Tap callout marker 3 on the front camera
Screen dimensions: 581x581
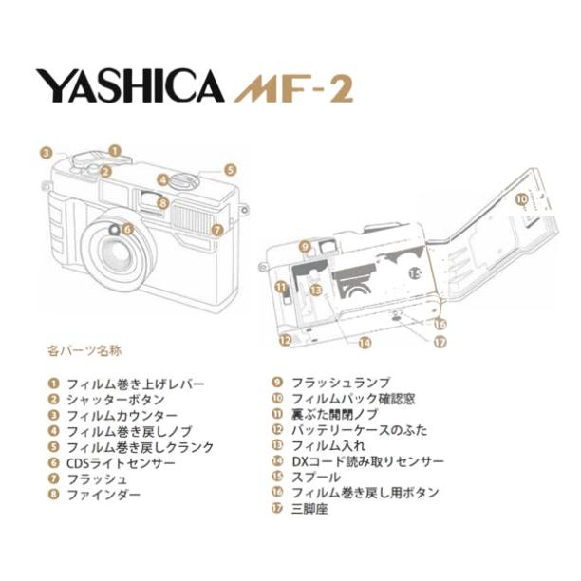coord(45,152)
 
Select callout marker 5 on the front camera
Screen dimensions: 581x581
coord(230,171)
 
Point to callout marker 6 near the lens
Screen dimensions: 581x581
coord(127,229)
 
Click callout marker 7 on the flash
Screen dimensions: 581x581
coord(216,230)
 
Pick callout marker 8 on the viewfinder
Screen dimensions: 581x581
coord(163,202)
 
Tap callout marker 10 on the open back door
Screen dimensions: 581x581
coord(520,200)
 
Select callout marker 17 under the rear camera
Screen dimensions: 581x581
coord(440,344)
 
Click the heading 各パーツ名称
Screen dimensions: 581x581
coord(84,350)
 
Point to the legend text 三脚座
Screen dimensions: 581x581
coord(309,510)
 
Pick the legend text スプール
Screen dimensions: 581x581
coord(317,478)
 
